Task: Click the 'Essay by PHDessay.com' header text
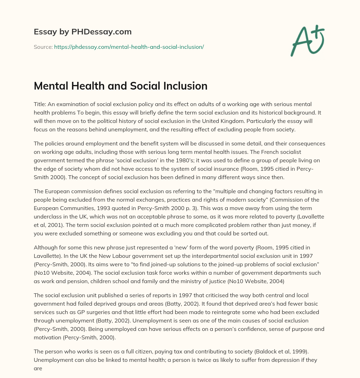[x=83, y=32]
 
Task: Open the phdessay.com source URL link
[x=129, y=47]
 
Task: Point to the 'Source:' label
[x=43, y=47]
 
